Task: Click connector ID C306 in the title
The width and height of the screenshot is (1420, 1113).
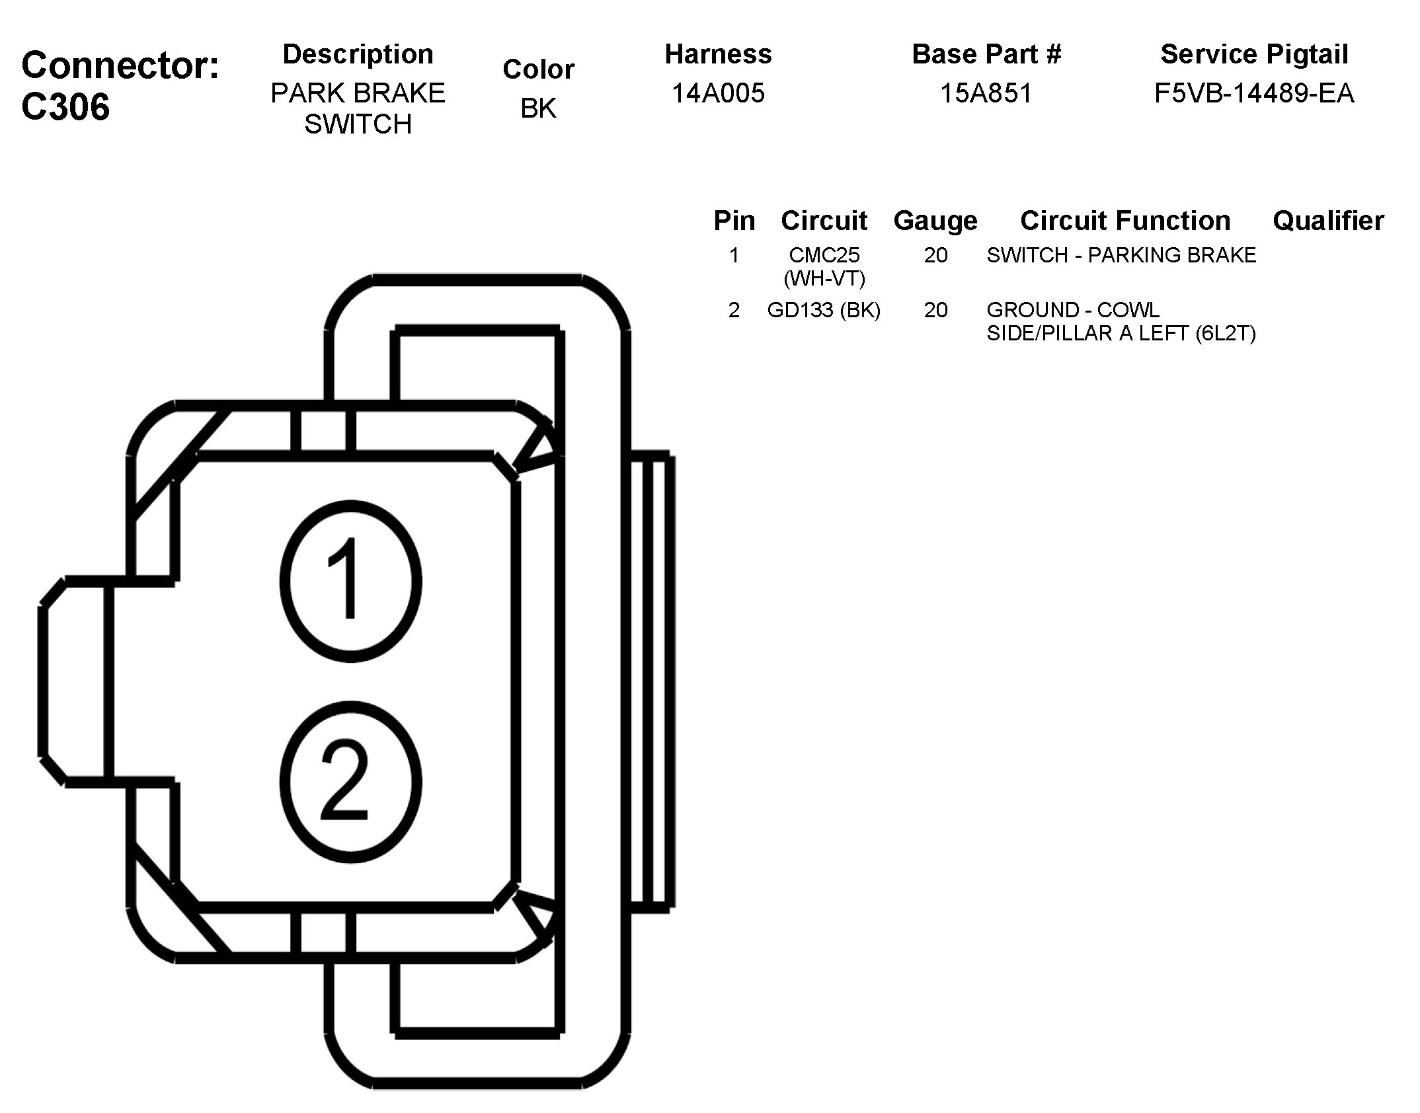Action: [65, 107]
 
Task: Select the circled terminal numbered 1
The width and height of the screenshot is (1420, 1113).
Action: [350, 580]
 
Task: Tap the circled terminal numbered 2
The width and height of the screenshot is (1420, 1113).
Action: [350, 781]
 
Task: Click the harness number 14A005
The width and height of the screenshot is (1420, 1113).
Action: [718, 93]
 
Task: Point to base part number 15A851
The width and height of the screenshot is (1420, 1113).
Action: [986, 93]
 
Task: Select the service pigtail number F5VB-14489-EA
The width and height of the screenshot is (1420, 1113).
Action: [1253, 93]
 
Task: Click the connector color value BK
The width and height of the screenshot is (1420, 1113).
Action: [538, 108]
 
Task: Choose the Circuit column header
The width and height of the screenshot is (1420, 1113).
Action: [824, 221]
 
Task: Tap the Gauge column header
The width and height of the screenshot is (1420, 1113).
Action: [935, 221]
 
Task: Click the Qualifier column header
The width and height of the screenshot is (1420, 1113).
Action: [1328, 221]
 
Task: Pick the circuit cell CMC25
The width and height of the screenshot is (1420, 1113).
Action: [824, 255]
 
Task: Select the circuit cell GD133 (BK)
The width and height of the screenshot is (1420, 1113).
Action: [824, 310]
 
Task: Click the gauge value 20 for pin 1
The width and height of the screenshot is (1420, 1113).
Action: [935, 255]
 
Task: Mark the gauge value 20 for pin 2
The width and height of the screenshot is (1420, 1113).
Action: [935, 310]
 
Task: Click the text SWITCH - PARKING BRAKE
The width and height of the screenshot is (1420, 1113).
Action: [1121, 255]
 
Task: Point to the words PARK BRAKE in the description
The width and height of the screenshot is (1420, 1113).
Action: [358, 93]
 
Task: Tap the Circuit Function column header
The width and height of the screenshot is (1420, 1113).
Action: [1125, 221]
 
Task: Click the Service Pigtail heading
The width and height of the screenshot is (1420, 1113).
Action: [1254, 54]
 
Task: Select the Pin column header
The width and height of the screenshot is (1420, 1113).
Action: [734, 221]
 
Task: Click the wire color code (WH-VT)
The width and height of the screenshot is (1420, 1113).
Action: [824, 279]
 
